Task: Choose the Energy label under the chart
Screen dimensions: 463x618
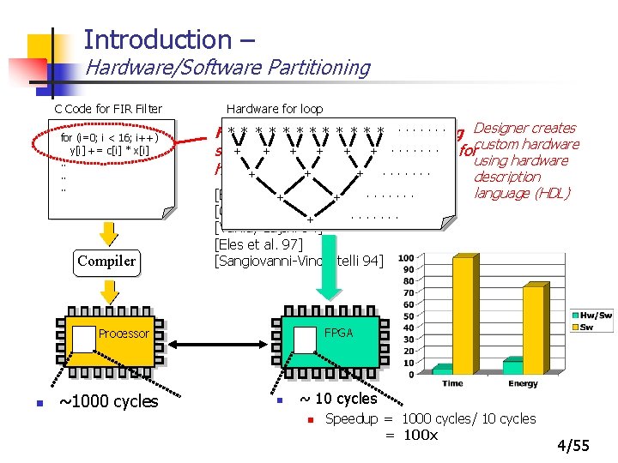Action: (x=523, y=383)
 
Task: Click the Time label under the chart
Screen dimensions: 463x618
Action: (x=453, y=383)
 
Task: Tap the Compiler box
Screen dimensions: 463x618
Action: (x=106, y=261)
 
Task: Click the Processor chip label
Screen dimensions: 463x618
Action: (x=124, y=334)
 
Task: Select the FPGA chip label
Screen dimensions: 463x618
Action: (x=339, y=333)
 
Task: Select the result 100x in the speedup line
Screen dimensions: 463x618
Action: (x=421, y=435)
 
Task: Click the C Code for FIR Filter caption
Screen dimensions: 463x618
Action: (x=108, y=109)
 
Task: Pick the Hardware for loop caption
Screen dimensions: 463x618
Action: (x=274, y=109)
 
